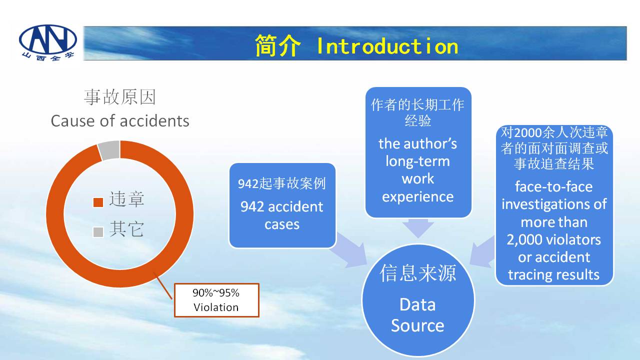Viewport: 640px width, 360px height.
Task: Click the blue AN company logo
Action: (48, 42)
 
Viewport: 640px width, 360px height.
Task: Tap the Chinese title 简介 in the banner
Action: (277, 45)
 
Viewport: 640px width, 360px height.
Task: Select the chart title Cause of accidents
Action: (120, 121)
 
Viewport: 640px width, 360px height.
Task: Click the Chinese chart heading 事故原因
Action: (120, 97)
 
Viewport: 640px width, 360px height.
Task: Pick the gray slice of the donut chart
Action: (109, 150)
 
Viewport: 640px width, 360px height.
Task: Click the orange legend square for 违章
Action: (98, 202)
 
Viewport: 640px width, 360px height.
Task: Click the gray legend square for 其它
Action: (98, 232)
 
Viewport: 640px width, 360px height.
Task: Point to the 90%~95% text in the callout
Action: (216, 293)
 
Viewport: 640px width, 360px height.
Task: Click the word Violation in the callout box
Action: (216, 307)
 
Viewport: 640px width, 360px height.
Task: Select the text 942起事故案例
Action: (281, 183)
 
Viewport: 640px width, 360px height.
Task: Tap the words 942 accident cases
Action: (281, 215)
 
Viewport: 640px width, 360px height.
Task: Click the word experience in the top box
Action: (417, 197)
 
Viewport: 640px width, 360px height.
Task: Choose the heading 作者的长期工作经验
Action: (417, 112)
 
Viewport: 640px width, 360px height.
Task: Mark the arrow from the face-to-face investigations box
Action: (482, 252)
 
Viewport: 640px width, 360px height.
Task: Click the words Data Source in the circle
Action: (417, 315)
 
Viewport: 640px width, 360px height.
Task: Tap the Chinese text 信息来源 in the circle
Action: (417, 273)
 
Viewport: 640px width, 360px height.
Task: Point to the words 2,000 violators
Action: (553, 239)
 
